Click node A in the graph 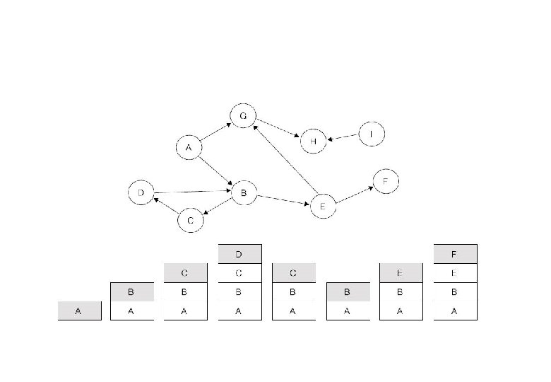click(189, 148)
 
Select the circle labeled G click(243, 116)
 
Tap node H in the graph click(313, 141)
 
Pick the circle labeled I click(372, 134)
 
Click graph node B click(244, 192)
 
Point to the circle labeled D click(141, 192)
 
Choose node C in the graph click(190, 221)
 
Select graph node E click(322, 206)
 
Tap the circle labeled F click(385, 182)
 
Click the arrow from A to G click(215, 132)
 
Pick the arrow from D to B click(192, 191)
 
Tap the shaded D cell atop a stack click(239, 254)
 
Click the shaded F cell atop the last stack click(455, 254)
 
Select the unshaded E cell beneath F click(455, 272)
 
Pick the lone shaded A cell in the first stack click(79, 311)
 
